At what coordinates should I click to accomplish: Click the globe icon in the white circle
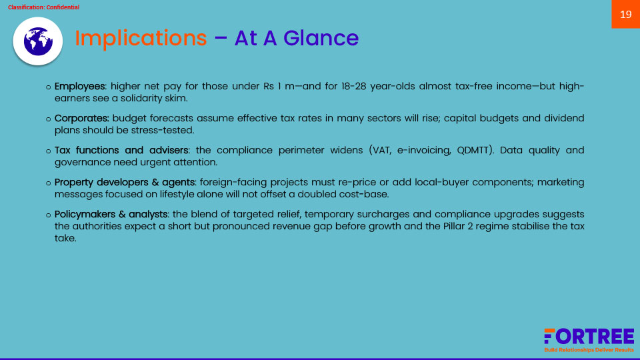pyautogui.click(x=38, y=41)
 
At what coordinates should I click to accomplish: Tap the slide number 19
pyautogui.click(x=626, y=15)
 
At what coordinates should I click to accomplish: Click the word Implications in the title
pyautogui.click(x=141, y=39)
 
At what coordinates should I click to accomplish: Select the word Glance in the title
pyautogui.click(x=321, y=38)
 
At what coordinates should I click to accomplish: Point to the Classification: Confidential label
pyautogui.click(x=44, y=7)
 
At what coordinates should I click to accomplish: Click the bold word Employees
pyautogui.click(x=79, y=87)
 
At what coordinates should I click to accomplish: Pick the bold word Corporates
pyautogui.click(x=81, y=119)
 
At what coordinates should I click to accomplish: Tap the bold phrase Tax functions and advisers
pyautogui.click(x=121, y=150)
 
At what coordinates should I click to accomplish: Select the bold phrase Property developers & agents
pyautogui.click(x=125, y=182)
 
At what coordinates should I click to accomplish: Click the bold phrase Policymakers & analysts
pyautogui.click(x=111, y=214)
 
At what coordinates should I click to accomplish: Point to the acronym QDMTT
pyautogui.click(x=473, y=150)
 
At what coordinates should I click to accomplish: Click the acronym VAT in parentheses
pyautogui.click(x=381, y=150)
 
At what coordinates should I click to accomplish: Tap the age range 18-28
pyautogui.click(x=353, y=87)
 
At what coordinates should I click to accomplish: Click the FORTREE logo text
pyautogui.click(x=589, y=337)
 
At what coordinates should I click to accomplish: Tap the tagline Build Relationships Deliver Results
pyautogui.click(x=589, y=350)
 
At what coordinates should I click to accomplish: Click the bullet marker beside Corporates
pyautogui.click(x=48, y=119)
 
